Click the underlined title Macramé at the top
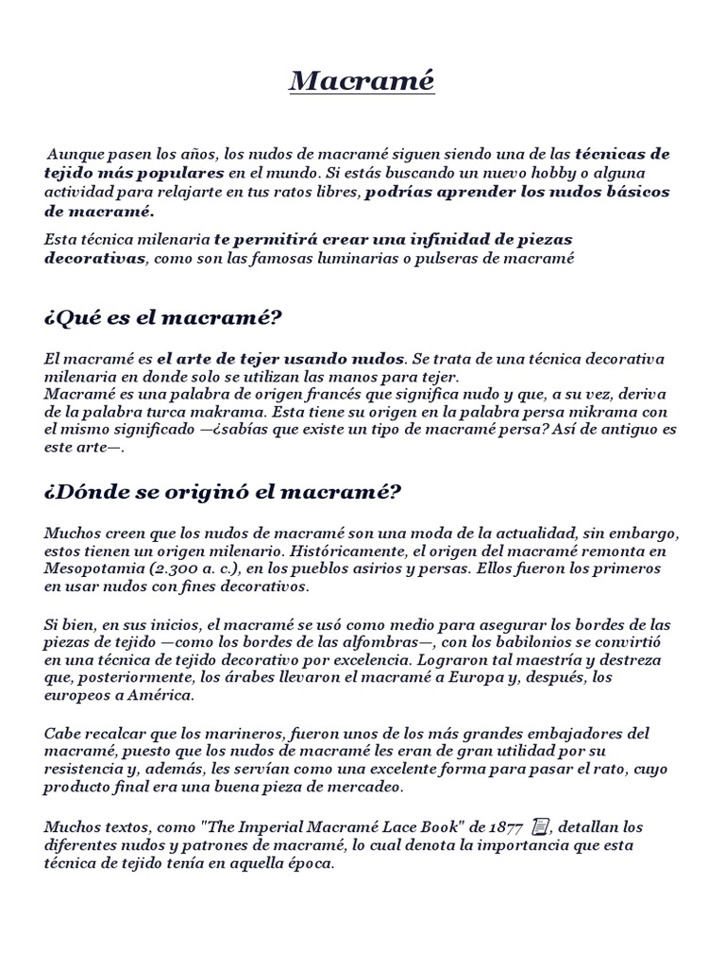coord(362,81)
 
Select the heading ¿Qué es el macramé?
coord(162,318)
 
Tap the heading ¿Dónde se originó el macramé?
coord(223,492)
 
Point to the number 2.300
coord(176,569)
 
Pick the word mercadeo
coord(362,787)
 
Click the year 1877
coord(505,827)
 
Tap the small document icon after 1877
coord(541,827)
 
